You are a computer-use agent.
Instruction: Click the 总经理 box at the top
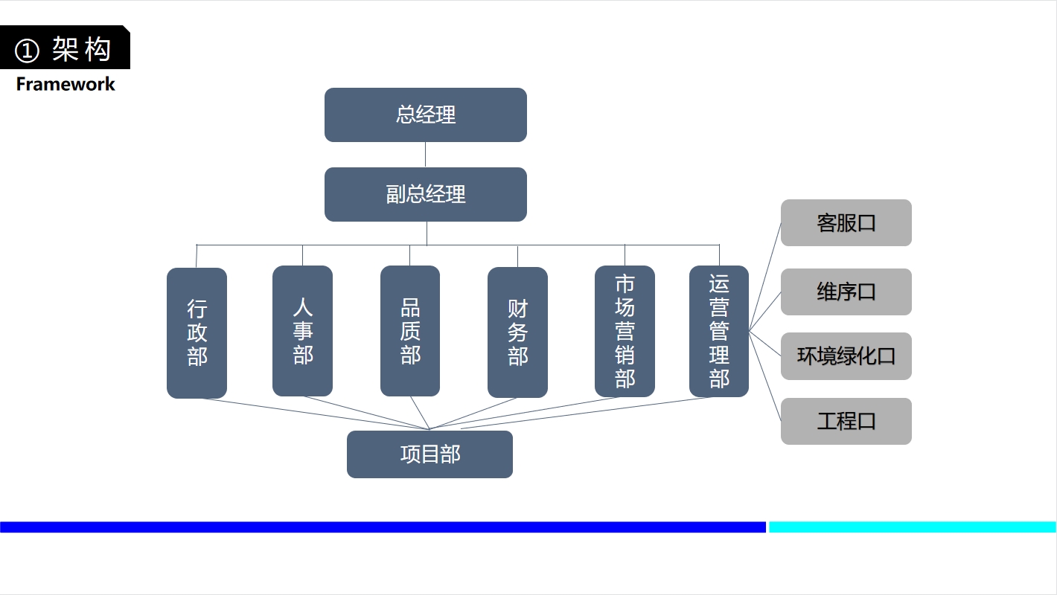(x=425, y=115)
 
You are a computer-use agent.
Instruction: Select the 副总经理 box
(x=425, y=194)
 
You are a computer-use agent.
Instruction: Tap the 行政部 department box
(x=197, y=332)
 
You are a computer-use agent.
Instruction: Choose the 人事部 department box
(x=302, y=331)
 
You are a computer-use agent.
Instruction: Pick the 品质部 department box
(x=409, y=331)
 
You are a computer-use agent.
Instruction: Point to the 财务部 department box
(x=517, y=332)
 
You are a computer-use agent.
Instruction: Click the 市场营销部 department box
(x=625, y=331)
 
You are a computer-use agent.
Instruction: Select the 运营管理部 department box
(x=718, y=331)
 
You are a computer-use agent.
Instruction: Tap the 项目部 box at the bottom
(x=429, y=454)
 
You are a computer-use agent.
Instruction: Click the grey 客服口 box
(x=846, y=222)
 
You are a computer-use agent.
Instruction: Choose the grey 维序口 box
(x=846, y=292)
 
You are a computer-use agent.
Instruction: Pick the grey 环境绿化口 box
(x=846, y=356)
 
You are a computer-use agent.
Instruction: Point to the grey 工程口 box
(x=846, y=421)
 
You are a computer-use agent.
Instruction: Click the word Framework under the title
(x=66, y=84)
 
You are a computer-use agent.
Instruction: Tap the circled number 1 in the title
(x=27, y=51)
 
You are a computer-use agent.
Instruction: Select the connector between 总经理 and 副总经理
(x=425, y=155)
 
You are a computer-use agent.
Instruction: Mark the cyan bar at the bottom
(x=912, y=527)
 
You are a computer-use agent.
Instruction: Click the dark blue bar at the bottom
(x=383, y=527)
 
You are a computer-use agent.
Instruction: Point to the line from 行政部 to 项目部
(x=313, y=414)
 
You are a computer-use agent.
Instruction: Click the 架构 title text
(x=82, y=50)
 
